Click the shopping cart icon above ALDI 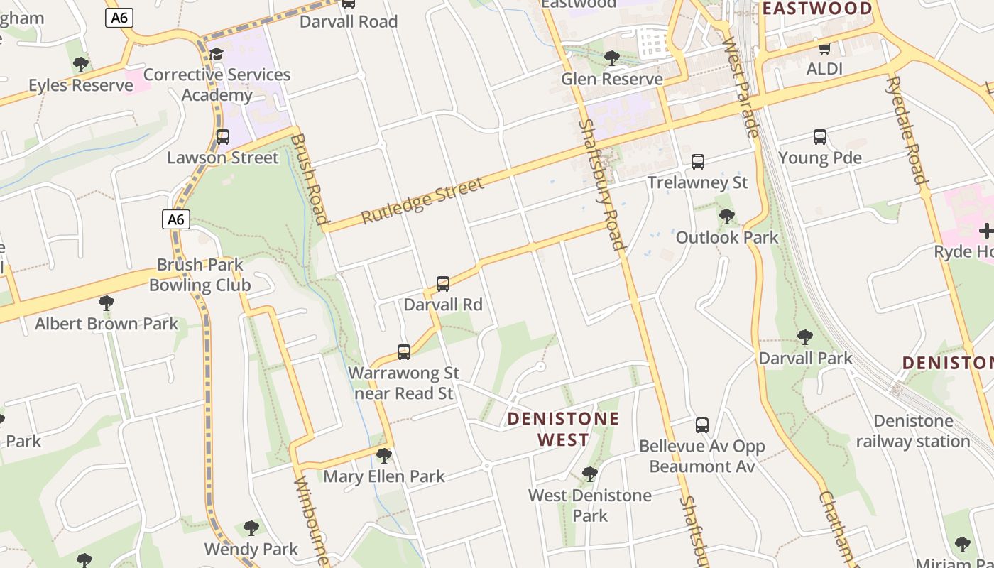point(824,48)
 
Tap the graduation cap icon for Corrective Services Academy point(216,54)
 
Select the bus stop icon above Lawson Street point(223,137)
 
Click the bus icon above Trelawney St point(698,162)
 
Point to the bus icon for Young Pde point(820,137)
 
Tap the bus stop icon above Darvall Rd point(443,284)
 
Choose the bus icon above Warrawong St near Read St point(404,352)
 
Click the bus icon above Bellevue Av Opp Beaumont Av point(702,425)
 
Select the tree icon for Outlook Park point(726,217)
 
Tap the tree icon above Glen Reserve point(611,58)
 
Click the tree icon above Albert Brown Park point(106,303)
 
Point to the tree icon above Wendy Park point(251,528)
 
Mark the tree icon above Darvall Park point(804,337)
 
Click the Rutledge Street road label point(422,200)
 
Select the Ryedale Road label point(906,130)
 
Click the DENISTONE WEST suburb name point(563,429)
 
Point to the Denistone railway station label point(912,431)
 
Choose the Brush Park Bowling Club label point(200,275)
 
